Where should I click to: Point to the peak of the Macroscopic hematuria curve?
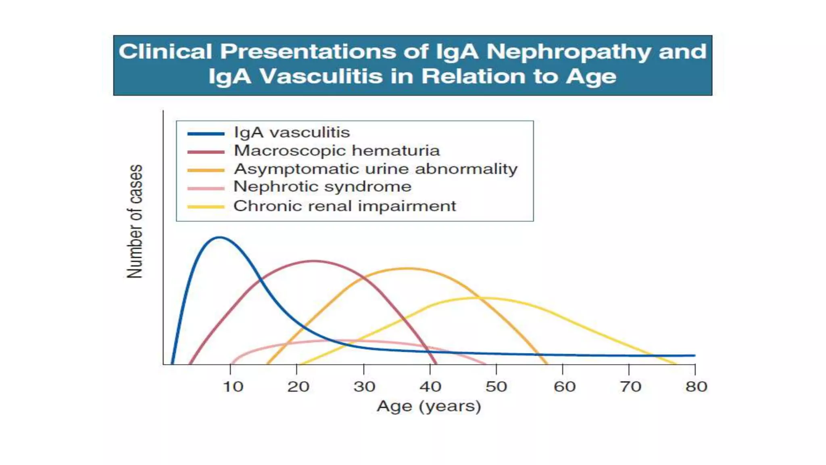pos(314,261)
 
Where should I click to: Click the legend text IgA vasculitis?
pos(292,132)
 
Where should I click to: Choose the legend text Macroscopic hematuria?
pos(336,151)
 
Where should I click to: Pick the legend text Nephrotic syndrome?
pos(322,186)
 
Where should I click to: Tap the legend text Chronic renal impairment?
pos(344,206)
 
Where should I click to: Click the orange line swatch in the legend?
pos(206,170)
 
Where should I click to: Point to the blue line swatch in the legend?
pos(206,134)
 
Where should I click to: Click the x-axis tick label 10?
pos(233,387)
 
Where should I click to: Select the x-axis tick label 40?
pos(430,387)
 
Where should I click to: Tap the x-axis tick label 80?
pos(696,387)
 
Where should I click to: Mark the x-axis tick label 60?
pos(564,387)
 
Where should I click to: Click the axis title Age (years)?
pos(429,406)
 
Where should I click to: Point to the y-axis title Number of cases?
pos(135,221)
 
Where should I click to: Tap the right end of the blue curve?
pos(694,356)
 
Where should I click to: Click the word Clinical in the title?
pos(165,52)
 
